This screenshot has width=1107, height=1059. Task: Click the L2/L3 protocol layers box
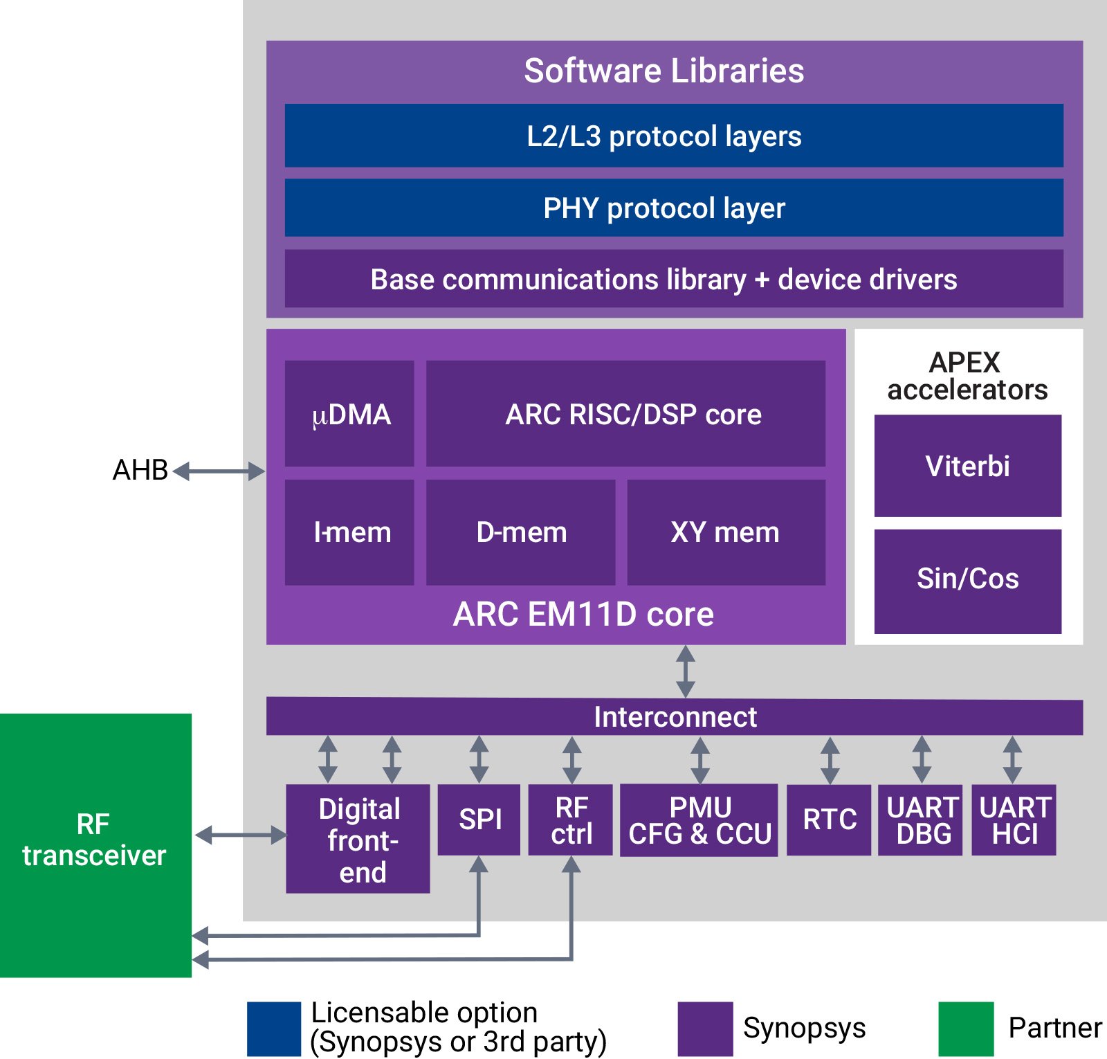673,136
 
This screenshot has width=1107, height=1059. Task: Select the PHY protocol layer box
673,208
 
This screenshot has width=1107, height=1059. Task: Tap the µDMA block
349,414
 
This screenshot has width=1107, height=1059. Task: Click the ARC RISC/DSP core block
625,414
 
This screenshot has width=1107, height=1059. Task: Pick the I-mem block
349,532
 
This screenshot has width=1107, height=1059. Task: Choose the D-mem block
520,532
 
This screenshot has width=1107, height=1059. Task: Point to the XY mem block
725,532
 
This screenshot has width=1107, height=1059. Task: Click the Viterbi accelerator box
967,466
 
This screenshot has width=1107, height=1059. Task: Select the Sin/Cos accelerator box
967,581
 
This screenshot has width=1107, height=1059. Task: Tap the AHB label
140,471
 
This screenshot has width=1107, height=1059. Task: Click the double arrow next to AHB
218,472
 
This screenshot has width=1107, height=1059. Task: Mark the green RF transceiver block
95,844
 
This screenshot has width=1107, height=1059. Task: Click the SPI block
479,820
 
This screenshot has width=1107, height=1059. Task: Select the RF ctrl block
570,820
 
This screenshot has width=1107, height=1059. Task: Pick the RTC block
828,820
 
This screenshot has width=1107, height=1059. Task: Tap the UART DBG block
920,820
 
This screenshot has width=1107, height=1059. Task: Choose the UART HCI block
1014,820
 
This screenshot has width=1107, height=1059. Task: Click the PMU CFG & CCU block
699,820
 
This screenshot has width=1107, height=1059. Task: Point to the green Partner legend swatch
965,1028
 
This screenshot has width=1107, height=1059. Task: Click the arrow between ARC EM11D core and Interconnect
685,671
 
